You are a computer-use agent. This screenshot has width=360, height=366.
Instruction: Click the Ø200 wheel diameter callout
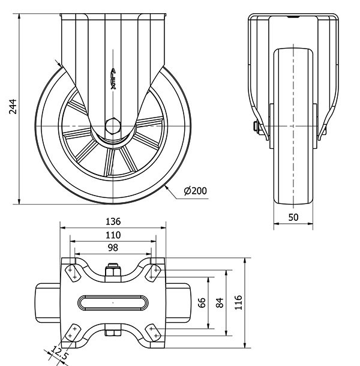[x=195, y=191]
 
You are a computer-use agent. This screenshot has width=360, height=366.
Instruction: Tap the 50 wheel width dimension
[x=293, y=217]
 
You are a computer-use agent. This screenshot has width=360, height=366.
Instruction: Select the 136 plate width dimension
[x=113, y=220]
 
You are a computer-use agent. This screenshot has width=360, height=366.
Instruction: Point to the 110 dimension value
[x=113, y=234]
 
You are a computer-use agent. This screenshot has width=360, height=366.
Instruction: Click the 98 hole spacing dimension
[x=113, y=247]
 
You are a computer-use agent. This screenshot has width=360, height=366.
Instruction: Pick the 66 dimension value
[x=202, y=302]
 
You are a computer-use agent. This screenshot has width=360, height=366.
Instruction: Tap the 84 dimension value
[x=220, y=302]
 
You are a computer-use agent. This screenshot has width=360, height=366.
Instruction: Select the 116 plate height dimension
[x=238, y=302]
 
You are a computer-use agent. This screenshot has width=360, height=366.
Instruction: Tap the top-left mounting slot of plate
[x=72, y=271]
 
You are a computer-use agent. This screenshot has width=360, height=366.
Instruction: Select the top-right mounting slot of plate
[x=154, y=271]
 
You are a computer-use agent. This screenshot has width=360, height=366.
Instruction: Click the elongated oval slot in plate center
[x=113, y=302]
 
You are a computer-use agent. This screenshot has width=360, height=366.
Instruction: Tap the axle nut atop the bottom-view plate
[x=113, y=272]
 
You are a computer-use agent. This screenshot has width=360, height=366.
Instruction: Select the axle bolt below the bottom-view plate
[x=113, y=332]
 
